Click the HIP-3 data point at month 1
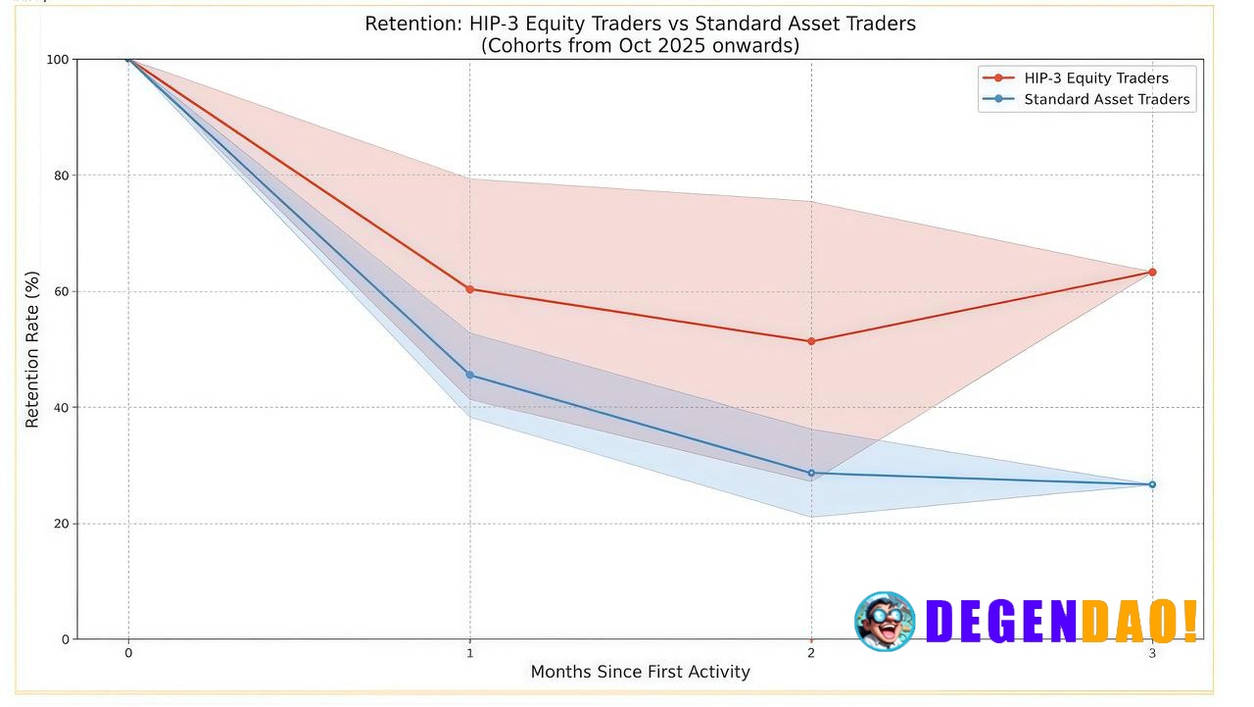coord(469,289)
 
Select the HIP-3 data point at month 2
coord(811,341)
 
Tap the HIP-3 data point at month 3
coord(1152,272)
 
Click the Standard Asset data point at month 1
coord(469,375)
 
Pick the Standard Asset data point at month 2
coord(811,473)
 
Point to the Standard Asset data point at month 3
coord(1152,484)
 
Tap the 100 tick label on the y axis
coord(58,60)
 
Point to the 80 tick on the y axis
coord(61,176)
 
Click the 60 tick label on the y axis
coord(61,291)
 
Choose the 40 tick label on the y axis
coord(61,408)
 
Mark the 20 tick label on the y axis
coord(61,524)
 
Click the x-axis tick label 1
coord(469,653)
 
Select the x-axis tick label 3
coord(1152,653)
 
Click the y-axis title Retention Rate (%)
coord(33,349)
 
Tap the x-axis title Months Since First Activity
coord(640,672)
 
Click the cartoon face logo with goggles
coord(885,621)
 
